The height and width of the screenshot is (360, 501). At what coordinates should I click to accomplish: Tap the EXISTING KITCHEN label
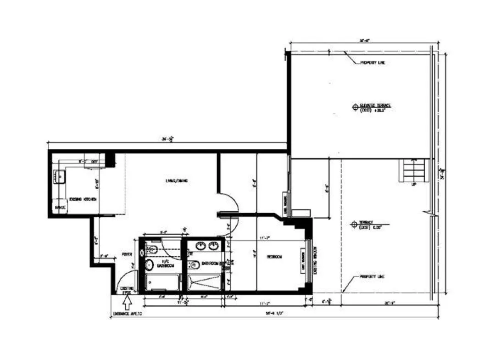point(83,199)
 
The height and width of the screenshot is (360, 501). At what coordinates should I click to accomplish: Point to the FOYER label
point(127,254)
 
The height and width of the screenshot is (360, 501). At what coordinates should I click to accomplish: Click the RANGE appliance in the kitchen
point(60,208)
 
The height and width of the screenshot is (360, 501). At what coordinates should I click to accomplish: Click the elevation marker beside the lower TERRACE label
point(354,225)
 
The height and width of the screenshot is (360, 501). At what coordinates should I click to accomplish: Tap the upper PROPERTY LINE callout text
point(372,62)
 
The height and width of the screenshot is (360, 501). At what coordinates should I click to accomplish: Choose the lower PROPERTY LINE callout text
point(372,277)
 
